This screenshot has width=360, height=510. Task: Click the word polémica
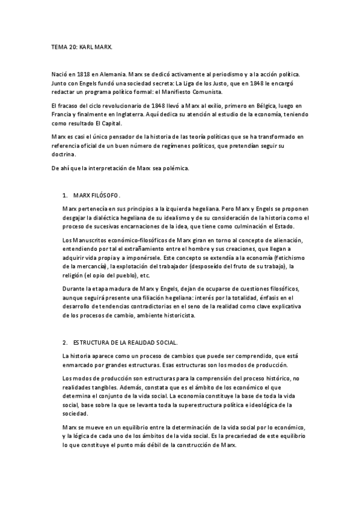[x=177, y=168]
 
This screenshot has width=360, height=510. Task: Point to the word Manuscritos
[x=91, y=241]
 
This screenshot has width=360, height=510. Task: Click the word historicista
[x=185, y=316]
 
